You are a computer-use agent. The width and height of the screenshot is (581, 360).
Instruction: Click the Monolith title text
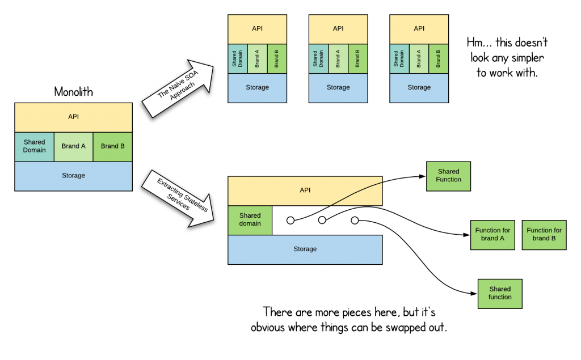pyautogui.click(x=73, y=91)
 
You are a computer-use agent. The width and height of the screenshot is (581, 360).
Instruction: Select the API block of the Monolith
pyautogui.click(x=73, y=117)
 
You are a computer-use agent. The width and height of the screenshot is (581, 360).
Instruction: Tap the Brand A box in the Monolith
pyautogui.click(x=74, y=146)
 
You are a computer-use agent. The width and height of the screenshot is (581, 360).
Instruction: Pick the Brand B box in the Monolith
pyautogui.click(x=113, y=146)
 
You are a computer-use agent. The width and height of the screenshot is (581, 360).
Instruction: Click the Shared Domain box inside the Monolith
pyautogui.click(x=34, y=146)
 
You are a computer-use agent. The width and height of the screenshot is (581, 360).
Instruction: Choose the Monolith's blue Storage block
pyautogui.click(x=73, y=176)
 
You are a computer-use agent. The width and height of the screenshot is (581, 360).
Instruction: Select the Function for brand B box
pyautogui.click(x=544, y=235)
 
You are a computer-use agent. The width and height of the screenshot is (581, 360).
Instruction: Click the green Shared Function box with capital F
pyautogui.click(x=448, y=176)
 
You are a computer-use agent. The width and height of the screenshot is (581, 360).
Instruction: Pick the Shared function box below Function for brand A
pyautogui.click(x=500, y=293)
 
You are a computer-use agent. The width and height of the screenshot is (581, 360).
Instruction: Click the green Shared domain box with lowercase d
pyautogui.click(x=250, y=219)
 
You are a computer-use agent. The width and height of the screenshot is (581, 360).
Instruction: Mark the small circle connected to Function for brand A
pyautogui.click(x=322, y=220)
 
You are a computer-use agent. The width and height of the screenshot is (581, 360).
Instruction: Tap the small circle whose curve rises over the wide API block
pyautogui.click(x=290, y=220)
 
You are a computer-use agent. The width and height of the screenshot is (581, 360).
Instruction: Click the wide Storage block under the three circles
pyautogui.click(x=305, y=249)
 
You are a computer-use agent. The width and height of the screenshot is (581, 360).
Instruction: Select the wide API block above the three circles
pyautogui.click(x=305, y=191)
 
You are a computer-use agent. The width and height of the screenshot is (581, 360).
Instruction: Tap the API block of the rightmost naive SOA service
pyautogui.click(x=419, y=29)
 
